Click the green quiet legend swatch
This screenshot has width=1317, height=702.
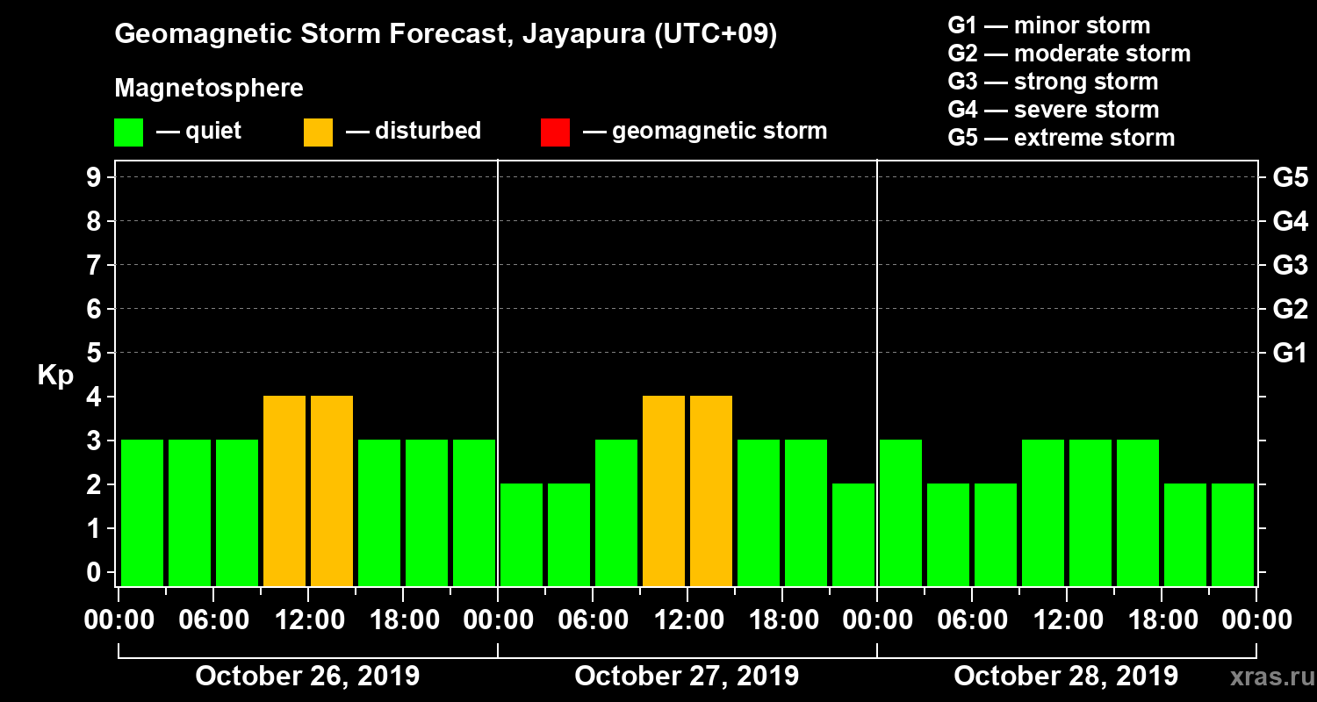click(128, 133)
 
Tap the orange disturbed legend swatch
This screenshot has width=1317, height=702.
click(318, 133)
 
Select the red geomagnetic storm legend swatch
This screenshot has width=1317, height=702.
click(555, 133)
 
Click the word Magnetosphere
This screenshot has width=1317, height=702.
click(209, 89)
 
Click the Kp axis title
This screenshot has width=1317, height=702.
click(55, 376)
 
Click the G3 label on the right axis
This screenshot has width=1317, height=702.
click(1290, 266)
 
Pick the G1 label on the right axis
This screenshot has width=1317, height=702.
click(1290, 354)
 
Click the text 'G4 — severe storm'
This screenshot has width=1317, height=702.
click(1053, 110)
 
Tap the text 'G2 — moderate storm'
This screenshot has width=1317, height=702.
click(1069, 54)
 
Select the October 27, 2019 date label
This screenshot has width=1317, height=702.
click(687, 677)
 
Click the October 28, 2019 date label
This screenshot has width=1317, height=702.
click(1066, 677)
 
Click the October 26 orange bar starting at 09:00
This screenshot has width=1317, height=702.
click(284, 491)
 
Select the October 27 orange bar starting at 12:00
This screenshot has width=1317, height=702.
click(711, 491)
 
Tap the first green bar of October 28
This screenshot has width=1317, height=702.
click(901, 512)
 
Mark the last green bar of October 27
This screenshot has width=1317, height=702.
click(853, 534)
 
